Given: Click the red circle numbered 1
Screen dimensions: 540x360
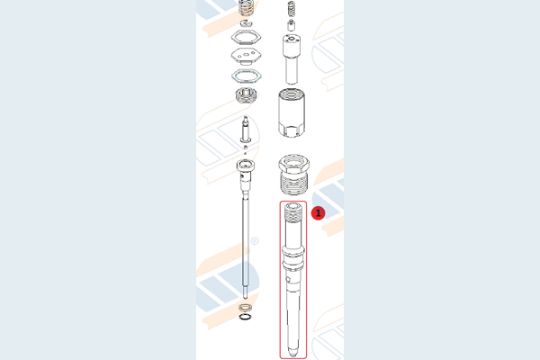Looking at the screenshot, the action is (318, 213).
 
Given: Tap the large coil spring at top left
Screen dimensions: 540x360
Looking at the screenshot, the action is (247, 7).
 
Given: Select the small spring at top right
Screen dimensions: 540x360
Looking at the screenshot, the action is (291, 9).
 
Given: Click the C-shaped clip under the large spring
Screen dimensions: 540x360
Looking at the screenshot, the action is (247, 23).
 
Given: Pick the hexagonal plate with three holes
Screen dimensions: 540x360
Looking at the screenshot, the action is (246, 56).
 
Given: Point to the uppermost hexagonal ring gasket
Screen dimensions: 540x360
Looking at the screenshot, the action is (246, 37).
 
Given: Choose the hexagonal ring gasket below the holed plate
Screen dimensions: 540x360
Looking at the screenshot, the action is (246, 76).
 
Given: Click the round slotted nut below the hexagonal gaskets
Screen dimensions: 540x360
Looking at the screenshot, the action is (246, 95).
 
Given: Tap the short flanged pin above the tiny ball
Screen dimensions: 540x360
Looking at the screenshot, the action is (245, 130).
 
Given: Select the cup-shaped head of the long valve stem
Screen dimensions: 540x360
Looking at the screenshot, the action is (246, 165).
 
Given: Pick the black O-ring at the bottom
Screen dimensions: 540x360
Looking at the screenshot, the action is (245, 317).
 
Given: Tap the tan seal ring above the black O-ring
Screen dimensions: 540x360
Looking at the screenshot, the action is (245, 307).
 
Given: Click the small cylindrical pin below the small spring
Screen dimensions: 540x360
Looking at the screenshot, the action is (291, 25).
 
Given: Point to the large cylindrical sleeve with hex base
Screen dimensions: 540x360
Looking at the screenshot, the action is (292, 112).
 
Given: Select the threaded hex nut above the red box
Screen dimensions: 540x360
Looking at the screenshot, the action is (293, 175).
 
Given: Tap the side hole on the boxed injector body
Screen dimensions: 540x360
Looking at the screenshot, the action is (289, 280).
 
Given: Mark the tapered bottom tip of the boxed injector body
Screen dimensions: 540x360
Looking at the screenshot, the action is (292, 351).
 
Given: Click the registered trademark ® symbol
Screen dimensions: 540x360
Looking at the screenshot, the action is (255, 241).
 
